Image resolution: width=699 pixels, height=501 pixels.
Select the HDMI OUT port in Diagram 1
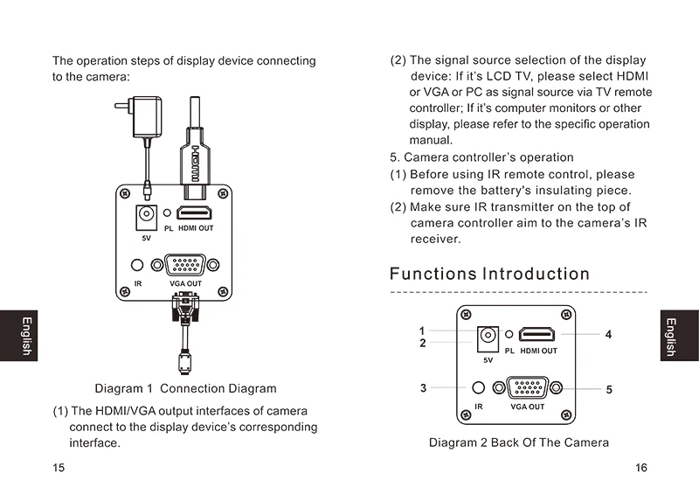pos(194,212)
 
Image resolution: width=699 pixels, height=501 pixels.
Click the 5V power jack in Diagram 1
pos(146,217)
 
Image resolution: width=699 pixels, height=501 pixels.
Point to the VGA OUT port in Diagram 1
pos(185,265)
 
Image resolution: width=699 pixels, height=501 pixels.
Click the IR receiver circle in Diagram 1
pos(137,265)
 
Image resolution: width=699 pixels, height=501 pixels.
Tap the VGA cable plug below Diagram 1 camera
pos(185,307)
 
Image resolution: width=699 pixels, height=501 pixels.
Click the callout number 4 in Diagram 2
pos(608,335)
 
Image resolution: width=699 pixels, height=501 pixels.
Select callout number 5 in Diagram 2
pos(609,390)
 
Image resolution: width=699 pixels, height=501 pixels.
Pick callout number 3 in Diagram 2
pos(423,388)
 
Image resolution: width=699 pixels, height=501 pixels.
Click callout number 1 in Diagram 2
pos(422,331)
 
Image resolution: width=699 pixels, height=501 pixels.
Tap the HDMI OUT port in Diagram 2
pos(537,334)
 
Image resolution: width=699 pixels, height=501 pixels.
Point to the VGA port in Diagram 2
pos(528,387)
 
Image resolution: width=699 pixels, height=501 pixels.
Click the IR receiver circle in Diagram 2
pos(478,387)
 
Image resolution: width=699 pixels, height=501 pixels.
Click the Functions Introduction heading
pos(489,274)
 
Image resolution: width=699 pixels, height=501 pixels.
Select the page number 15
pos(59,468)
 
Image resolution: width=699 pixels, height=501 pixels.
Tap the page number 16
pos(641,468)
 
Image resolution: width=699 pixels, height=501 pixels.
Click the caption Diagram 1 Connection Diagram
pos(185,388)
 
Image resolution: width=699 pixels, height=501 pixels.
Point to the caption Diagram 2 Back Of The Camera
pos(519,442)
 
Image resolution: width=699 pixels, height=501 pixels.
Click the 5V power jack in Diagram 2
pos(488,339)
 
